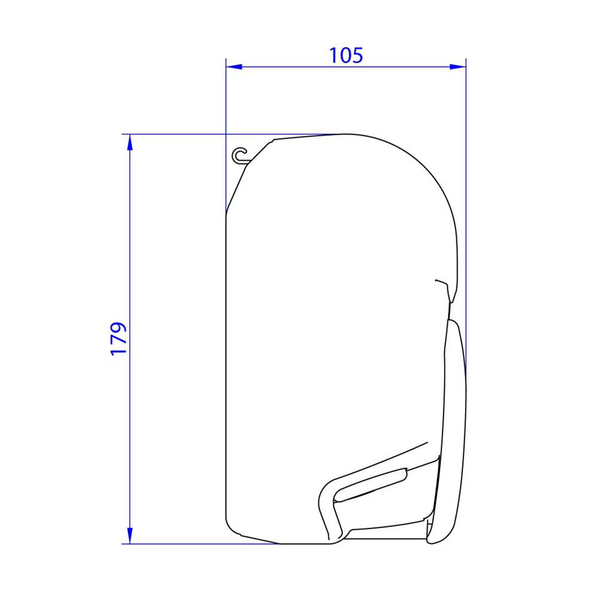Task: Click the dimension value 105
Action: point(346,55)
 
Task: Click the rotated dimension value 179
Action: point(119,339)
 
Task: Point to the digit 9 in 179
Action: point(119,328)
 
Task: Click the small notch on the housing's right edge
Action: point(441,281)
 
